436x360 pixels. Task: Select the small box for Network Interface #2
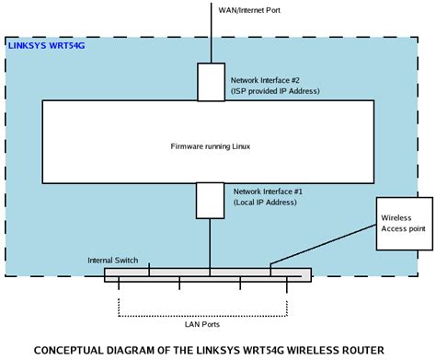click(211, 81)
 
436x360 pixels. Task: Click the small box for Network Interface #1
click(211, 200)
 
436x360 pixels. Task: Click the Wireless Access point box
click(403, 223)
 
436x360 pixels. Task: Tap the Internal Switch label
click(113, 261)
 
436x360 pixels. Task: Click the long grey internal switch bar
click(208, 273)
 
